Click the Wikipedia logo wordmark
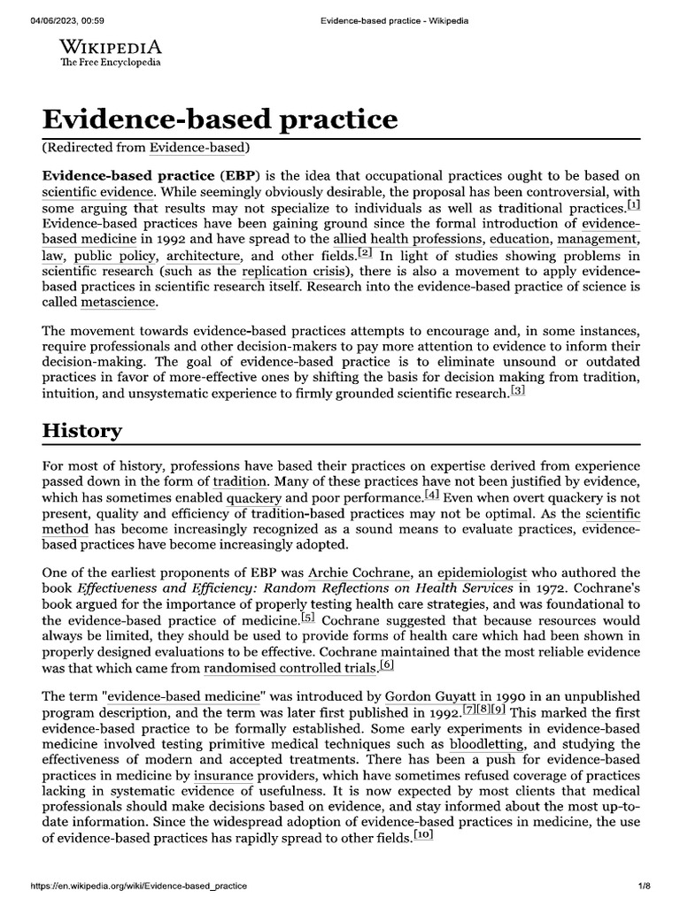(110, 48)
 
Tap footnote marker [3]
(517, 391)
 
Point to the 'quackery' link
(254, 497)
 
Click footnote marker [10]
(422, 837)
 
